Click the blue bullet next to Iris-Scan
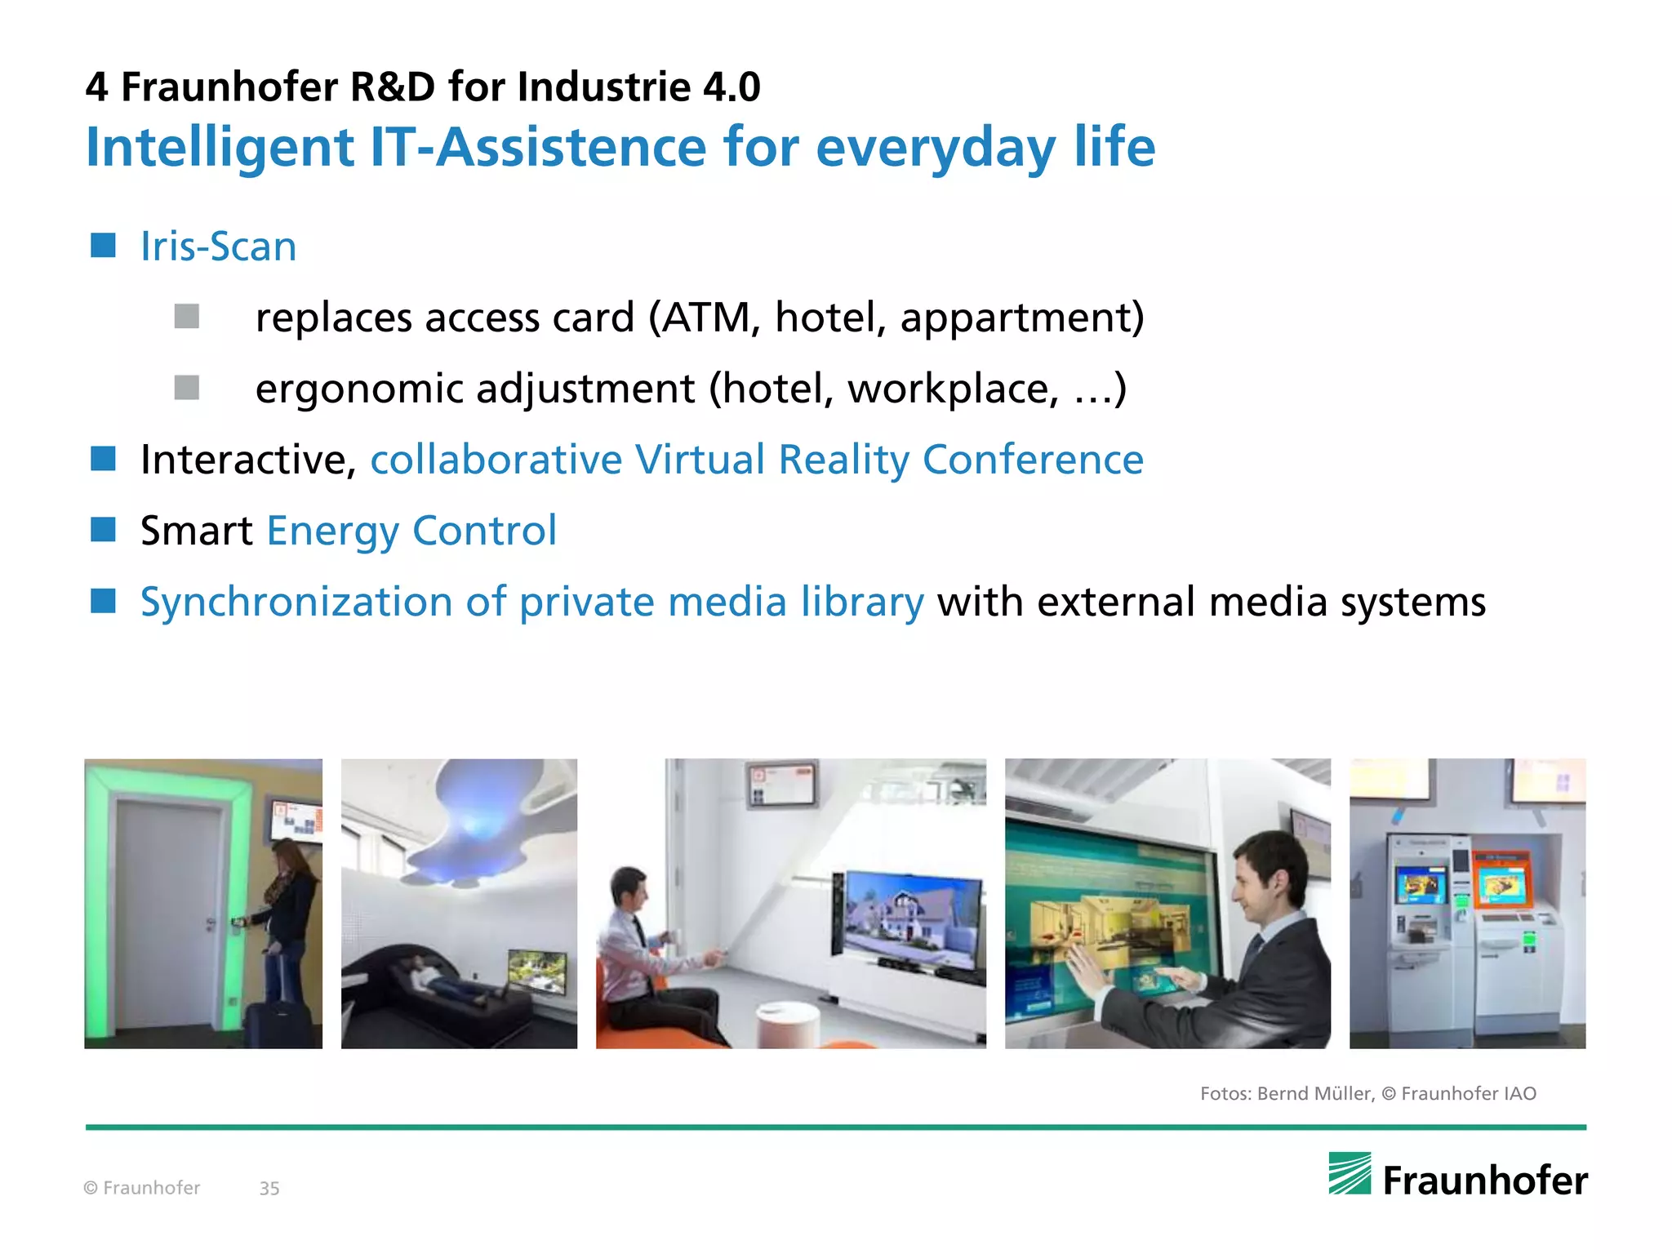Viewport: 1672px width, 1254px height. (103, 245)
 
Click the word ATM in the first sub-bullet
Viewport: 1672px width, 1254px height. (706, 318)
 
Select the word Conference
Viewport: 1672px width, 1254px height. (1033, 460)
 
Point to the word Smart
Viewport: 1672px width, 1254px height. (196, 531)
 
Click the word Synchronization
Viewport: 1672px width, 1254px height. (296, 603)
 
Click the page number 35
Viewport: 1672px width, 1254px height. (269, 1189)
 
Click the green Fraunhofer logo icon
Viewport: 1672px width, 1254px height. (1350, 1174)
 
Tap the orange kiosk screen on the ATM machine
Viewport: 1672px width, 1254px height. (1503, 885)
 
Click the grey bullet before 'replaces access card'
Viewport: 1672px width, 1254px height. (187, 317)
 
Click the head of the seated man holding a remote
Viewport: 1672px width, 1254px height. (629, 890)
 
